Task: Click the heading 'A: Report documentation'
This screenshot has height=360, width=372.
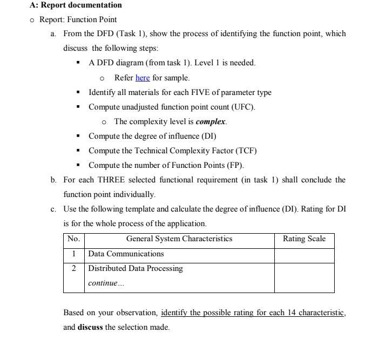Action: point(76,5)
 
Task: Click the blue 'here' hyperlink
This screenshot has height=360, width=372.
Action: point(143,78)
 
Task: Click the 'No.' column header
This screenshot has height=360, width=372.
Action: point(73,239)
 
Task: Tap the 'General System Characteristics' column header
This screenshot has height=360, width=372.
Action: point(179,239)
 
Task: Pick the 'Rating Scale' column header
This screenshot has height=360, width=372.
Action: point(304,239)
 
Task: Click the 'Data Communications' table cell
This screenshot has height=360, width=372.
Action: point(126,254)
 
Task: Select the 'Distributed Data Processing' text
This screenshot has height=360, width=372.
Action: point(136,269)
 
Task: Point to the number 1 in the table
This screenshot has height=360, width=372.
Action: point(73,254)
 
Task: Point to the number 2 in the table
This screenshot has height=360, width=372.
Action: point(73,269)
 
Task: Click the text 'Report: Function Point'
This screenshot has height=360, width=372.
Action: point(78,20)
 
